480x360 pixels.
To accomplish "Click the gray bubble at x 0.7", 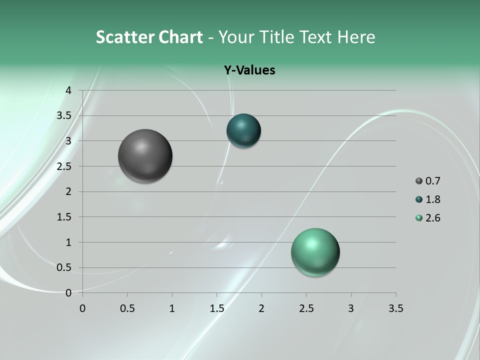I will (145, 156).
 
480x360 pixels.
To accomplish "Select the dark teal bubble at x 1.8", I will (243, 130).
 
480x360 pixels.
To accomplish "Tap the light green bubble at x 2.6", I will (315, 252).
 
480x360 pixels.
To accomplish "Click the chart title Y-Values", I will (249, 70).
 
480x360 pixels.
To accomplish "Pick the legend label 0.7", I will (432, 181).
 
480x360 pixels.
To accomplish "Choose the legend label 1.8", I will (432, 199).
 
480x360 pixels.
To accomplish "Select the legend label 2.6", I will (432, 218).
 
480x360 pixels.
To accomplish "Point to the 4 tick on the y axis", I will (68, 90).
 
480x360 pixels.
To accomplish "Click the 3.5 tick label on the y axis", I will (64, 115).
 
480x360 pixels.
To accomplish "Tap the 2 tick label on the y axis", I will (68, 191).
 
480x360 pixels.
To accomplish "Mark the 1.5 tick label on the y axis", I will (64, 217).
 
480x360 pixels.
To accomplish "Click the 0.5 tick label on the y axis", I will (64, 267).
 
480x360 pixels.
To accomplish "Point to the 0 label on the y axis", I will (68, 293).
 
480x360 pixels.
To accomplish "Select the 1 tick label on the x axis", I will (172, 308).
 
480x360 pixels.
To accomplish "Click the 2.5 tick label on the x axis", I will (306, 308).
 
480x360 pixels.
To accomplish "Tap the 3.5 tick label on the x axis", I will (395, 308).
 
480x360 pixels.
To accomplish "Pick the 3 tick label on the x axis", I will (351, 308).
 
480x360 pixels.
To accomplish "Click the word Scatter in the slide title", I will (124, 37).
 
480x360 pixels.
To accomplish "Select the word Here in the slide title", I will (356, 37).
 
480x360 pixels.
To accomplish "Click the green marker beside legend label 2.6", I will (419, 218).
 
